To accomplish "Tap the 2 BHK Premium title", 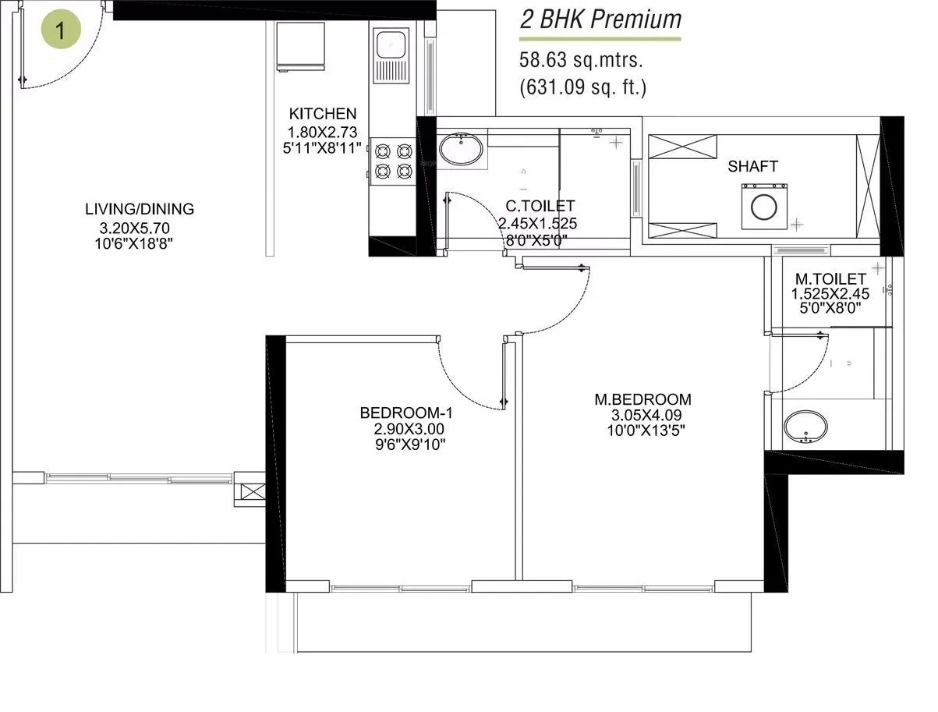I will pyautogui.click(x=600, y=19).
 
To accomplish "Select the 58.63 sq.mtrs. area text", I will pyautogui.click(x=582, y=60).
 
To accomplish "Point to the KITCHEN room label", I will pyautogui.click(x=322, y=114).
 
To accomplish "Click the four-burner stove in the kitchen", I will pyautogui.click(x=393, y=160).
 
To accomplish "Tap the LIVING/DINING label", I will pyautogui.click(x=140, y=209).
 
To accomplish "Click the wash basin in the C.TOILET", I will pyautogui.click(x=460, y=149).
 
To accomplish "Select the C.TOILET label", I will pyautogui.click(x=540, y=207).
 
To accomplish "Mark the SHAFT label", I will pyautogui.click(x=752, y=166).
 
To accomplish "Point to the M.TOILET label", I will pyautogui.click(x=830, y=279).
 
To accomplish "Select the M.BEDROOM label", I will pyautogui.click(x=642, y=400).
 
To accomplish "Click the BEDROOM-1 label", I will pyautogui.click(x=405, y=413).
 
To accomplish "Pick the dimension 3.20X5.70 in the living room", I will pyautogui.click(x=135, y=228).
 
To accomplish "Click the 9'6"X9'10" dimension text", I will pyautogui.click(x=405, y=445).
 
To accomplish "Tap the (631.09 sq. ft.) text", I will pyautogui.click(x=583, y=87).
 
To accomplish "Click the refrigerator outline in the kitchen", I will pyautogui.click(x=299, y=46).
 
